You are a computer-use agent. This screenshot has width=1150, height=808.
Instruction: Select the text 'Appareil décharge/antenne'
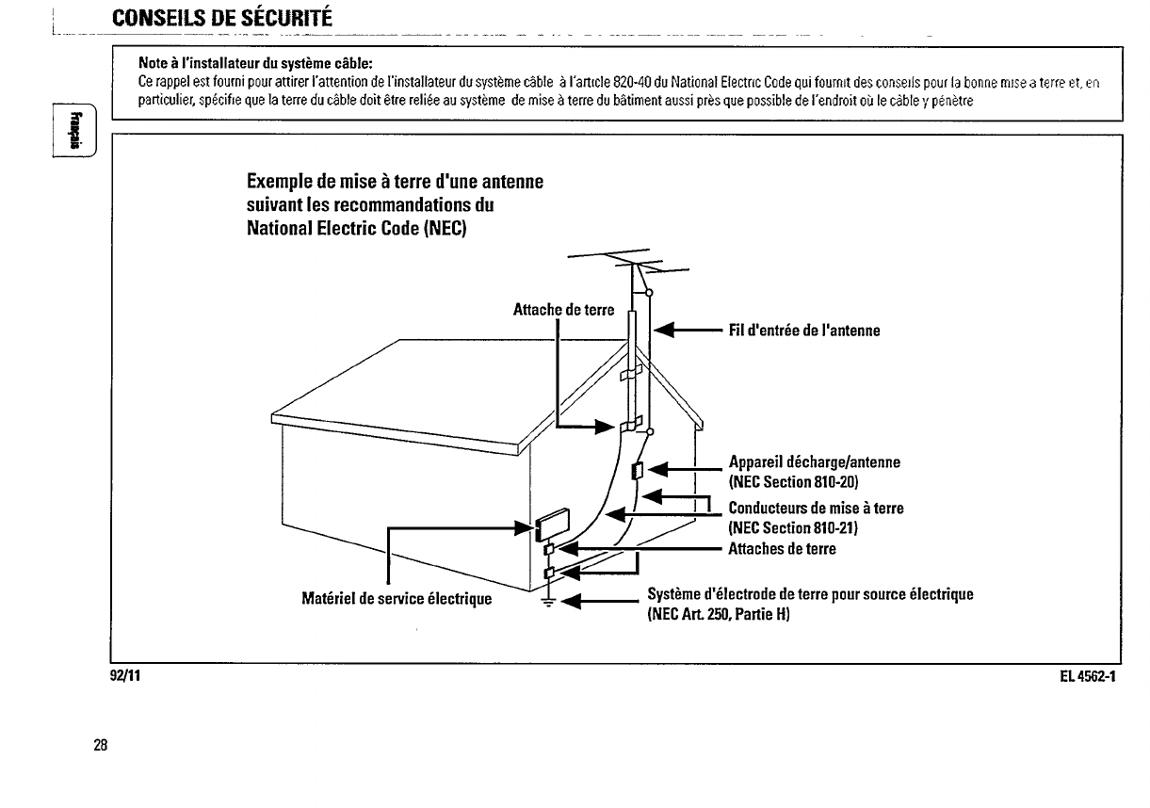pyautogui.click(x=815, y=462)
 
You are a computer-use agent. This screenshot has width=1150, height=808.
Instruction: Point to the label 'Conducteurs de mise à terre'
pyautogui.click(x=817, y=509)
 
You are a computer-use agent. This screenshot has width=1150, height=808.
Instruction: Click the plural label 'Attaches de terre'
pyautogui.click(x=783, y=548)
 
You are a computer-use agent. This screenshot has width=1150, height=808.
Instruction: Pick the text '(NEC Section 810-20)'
pyautogui.click(x=793, y=482)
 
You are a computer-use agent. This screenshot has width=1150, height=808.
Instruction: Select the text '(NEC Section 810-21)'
pyautogui.click(x=793, y=528)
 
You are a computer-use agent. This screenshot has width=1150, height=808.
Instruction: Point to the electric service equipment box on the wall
pyautogui.click(x=553, y=521)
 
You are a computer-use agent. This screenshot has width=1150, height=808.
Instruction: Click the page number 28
pyautogui.click(x=100, y=746)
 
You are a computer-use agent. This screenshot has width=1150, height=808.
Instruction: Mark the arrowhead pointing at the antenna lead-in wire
pyautogui.click(x=665, y=331)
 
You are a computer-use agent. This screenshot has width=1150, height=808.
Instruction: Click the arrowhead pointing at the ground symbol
pyautogui.click(x=571, y=600)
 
